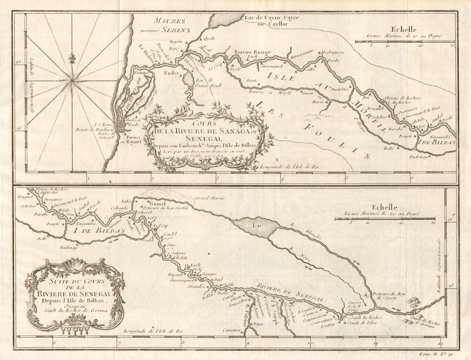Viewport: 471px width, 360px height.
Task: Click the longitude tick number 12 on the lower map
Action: pyautogui.click(x=441, y=342)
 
